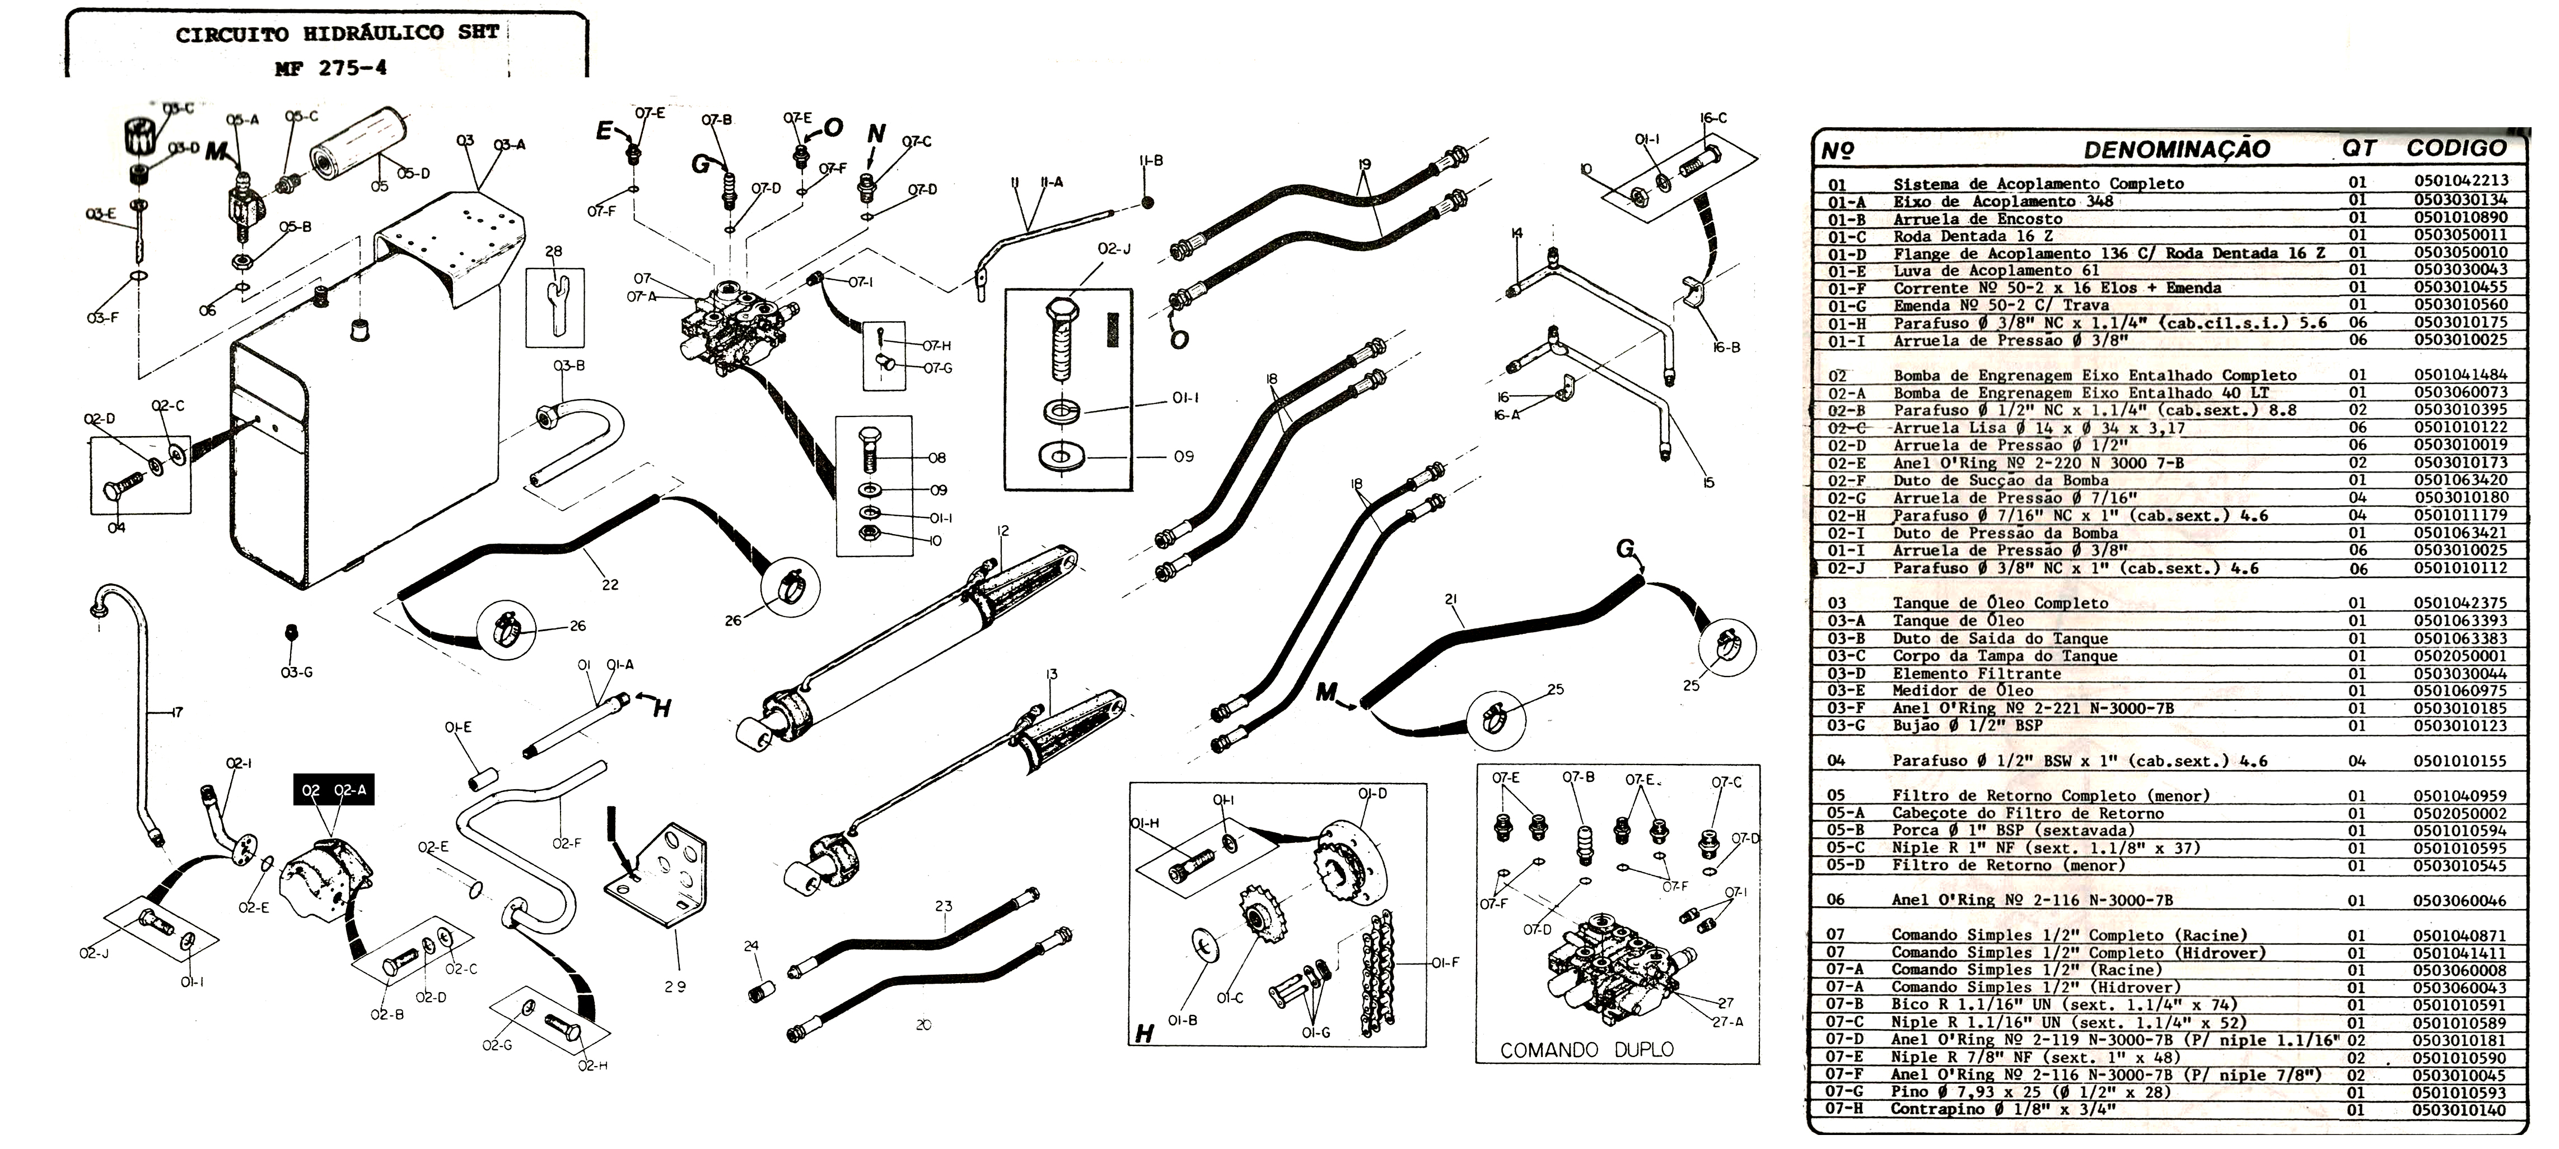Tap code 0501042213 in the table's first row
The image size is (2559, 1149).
tap(2460, 181)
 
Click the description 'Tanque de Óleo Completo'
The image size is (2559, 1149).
tap(2000, 603)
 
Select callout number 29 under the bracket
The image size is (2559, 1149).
tap(675, 987)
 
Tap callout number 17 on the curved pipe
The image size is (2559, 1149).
tap(176, 712)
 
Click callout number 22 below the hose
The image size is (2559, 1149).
tap(610, 585)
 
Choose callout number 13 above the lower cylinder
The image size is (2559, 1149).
tap(1051, 675)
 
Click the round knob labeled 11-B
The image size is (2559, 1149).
tap(1147, 203)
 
